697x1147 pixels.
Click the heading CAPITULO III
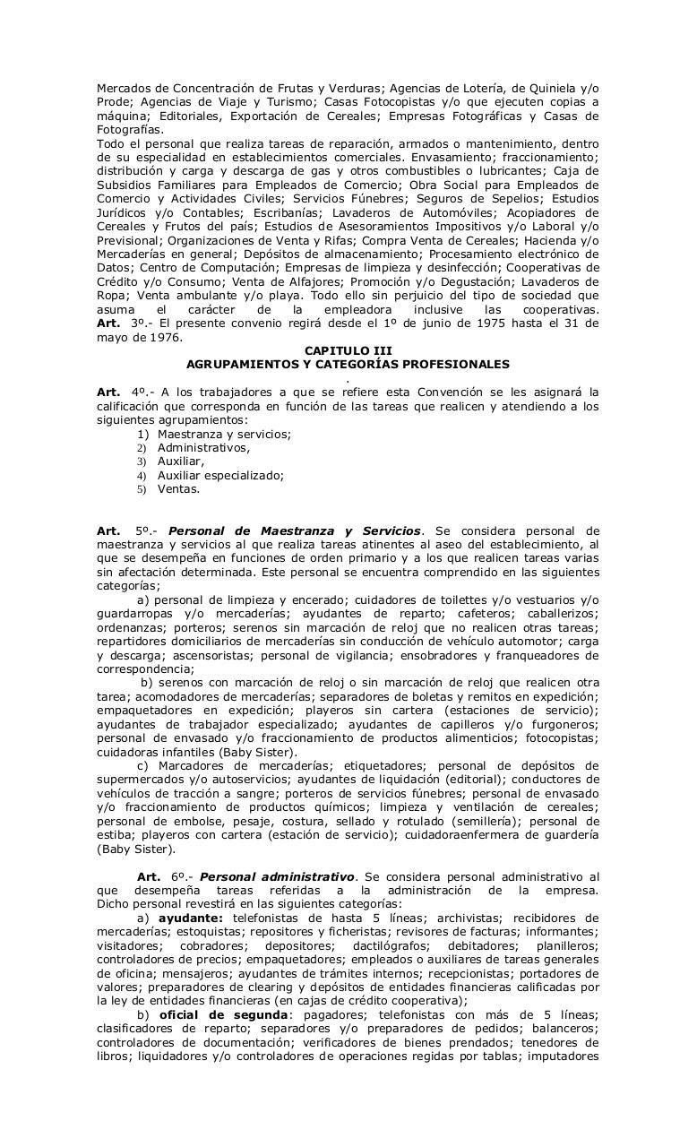(348, 351)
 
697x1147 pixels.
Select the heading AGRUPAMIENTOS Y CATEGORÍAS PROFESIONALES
(348, 365)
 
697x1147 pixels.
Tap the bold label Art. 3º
(120, 323)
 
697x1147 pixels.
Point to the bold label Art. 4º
(120, 392)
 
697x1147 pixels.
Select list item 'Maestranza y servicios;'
(224, 434)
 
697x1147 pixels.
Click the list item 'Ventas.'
(178, 489)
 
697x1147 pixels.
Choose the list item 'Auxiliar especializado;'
(220, 476)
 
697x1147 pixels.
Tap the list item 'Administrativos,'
(203, 448)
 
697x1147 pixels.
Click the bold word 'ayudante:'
(190, 918)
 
